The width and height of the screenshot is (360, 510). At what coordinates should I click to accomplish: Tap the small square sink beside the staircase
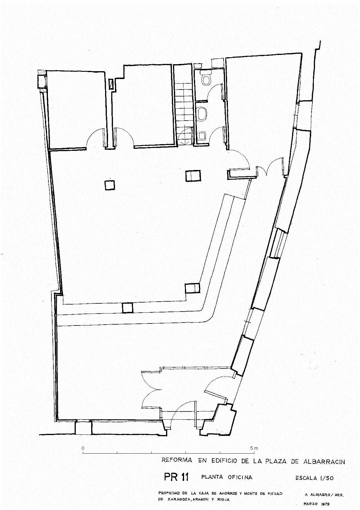pos(202,135)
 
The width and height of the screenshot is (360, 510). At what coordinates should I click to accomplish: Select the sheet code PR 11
pos(176,477)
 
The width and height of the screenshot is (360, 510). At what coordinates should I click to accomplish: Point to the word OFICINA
pos(240,477)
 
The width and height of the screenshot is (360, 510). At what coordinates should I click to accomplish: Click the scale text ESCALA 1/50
pos(314,477)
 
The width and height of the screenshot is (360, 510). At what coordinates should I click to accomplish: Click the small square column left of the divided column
pos(109,185)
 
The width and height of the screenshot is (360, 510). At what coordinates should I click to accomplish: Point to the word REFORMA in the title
pos(177,460)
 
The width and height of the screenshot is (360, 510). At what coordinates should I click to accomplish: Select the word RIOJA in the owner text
pos(223,500)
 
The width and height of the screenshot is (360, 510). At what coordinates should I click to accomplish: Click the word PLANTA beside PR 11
pos(212,477)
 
